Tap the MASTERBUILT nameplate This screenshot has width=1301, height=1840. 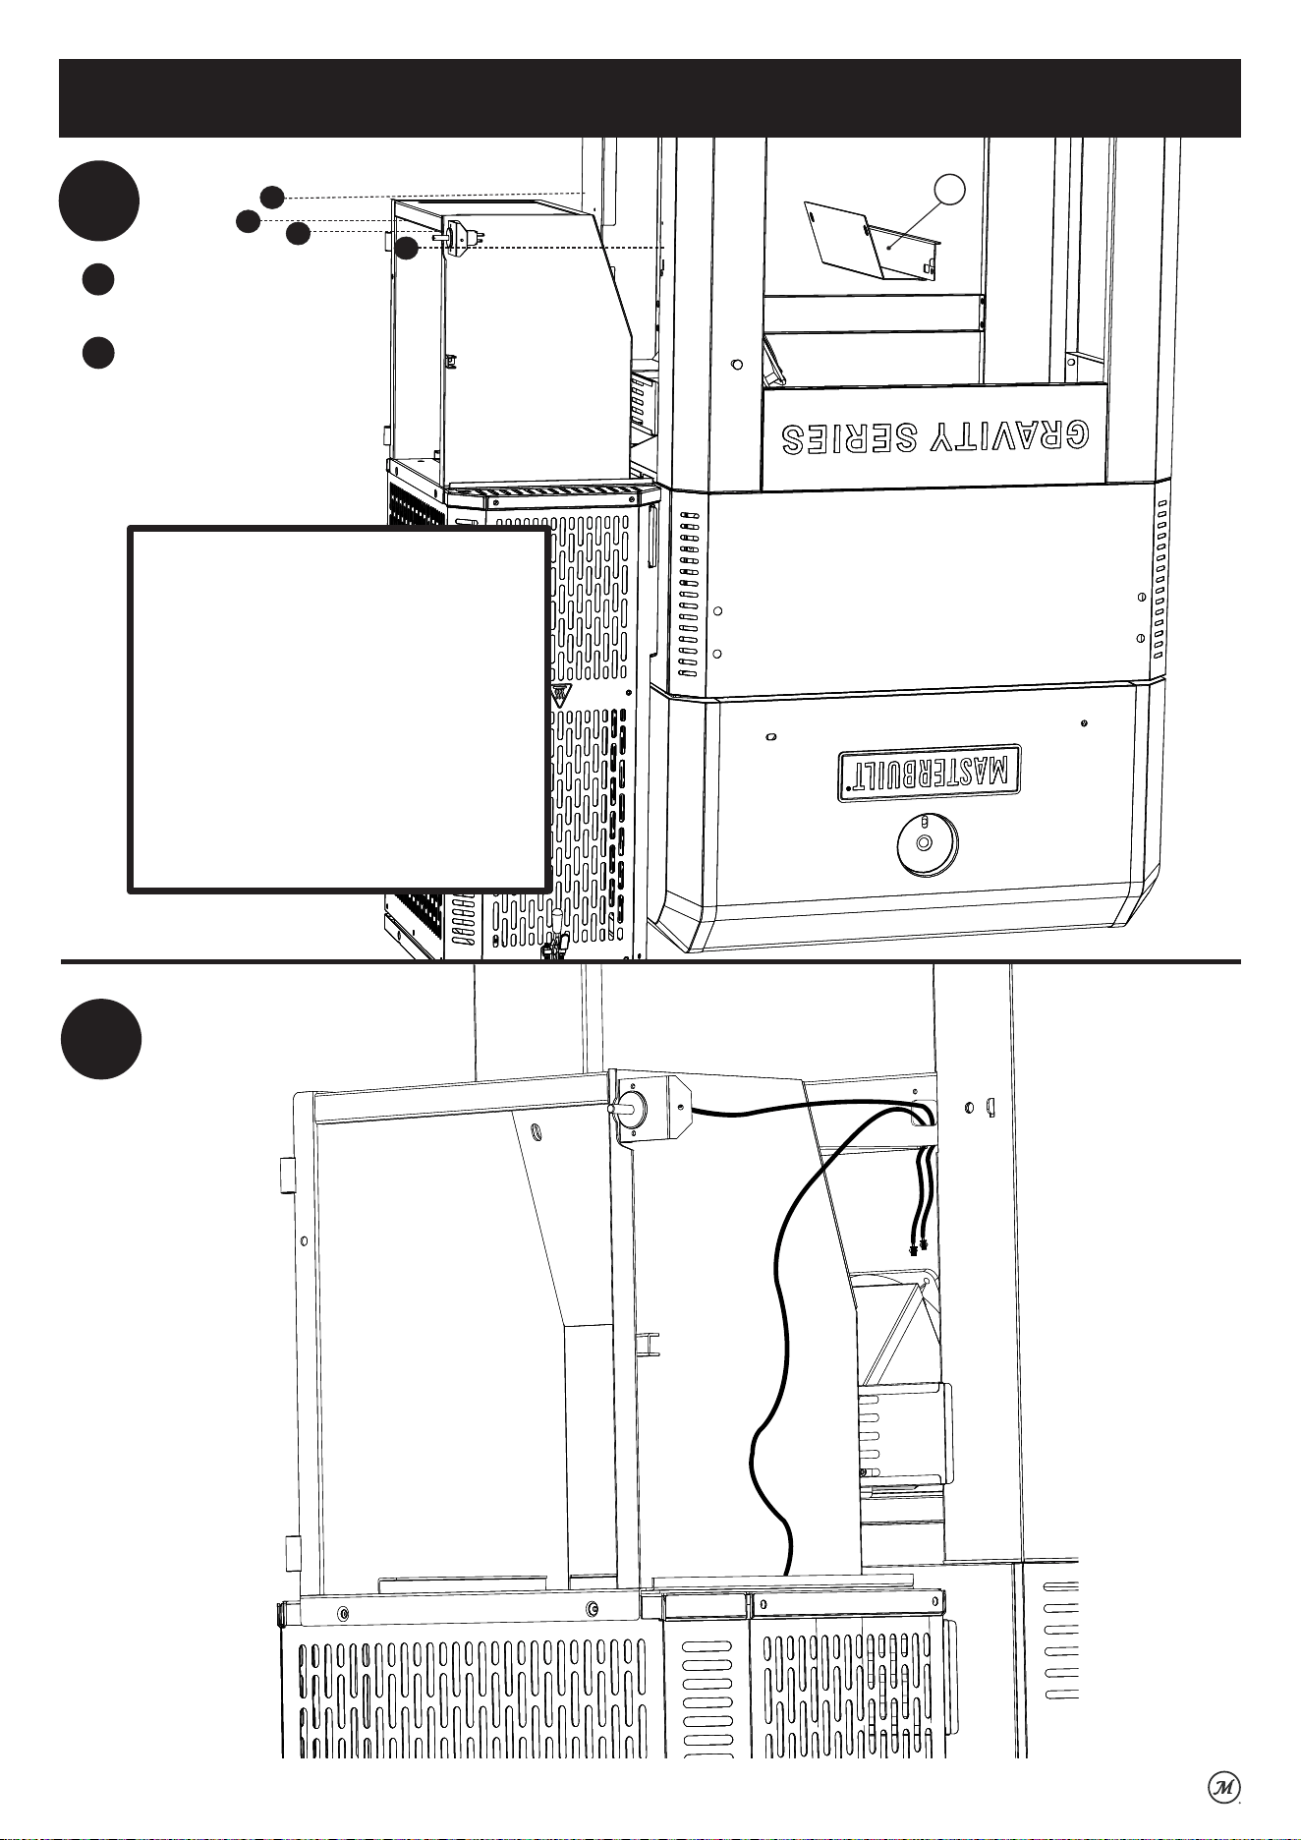[930, 773]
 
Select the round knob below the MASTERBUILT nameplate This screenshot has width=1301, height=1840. [927, 843]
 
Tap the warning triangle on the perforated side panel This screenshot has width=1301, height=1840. [559, 696]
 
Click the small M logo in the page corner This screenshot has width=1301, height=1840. [1223, 1787]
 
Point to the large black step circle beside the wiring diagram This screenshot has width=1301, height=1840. [101, 1039]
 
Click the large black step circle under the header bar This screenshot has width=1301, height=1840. [98, 201]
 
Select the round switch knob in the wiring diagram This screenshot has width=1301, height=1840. [629, 1108]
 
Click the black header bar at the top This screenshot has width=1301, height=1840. [650, 98]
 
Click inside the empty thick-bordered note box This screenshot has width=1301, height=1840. [338, 710]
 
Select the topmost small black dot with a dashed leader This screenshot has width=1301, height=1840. [272, 197]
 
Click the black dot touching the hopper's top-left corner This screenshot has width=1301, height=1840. [407, 249]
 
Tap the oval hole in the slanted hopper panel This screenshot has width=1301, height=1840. [537, 1131]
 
